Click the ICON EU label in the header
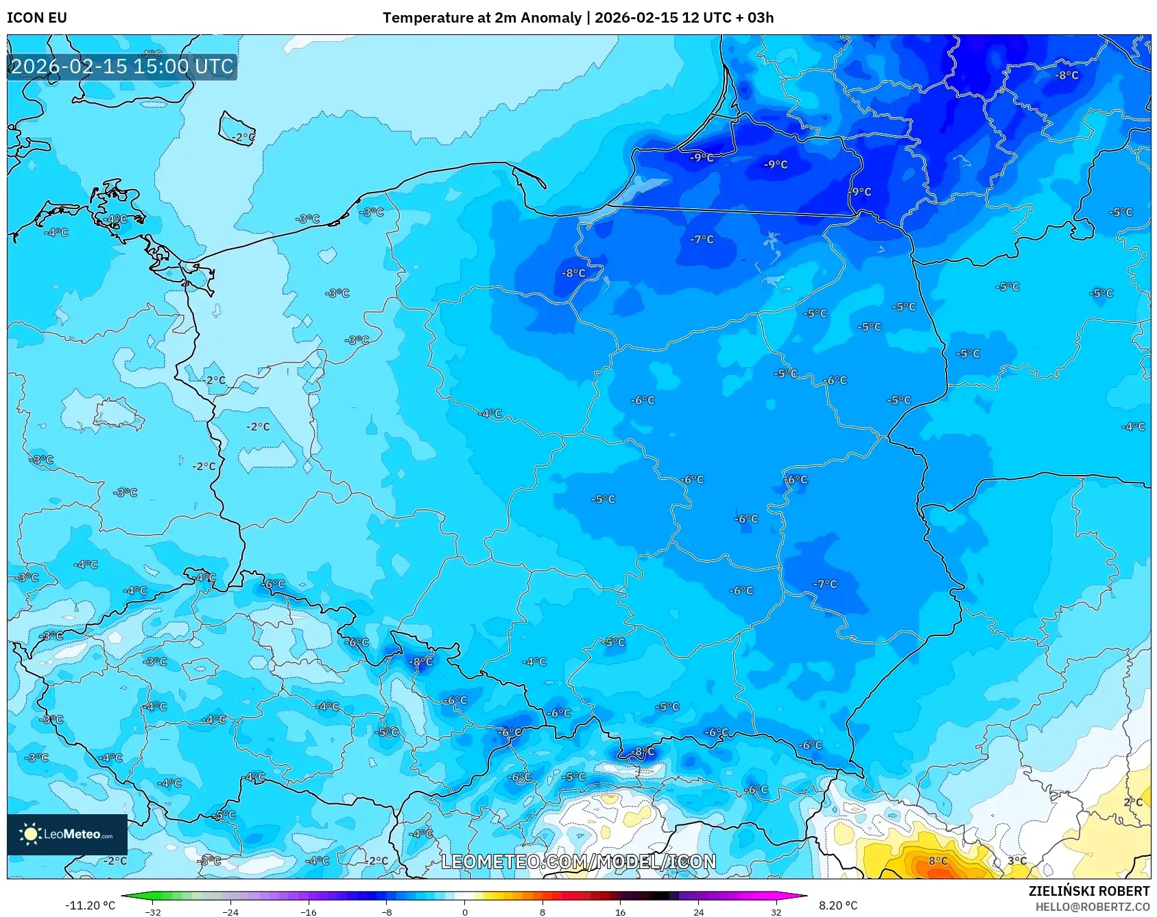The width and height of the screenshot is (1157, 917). click(37, 18)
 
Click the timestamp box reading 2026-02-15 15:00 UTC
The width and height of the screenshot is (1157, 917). click(122, 66)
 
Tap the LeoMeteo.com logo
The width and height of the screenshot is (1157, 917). click(67, 834)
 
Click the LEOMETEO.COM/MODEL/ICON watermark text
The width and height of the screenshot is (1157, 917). click(578, 861)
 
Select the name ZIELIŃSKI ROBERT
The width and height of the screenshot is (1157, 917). click(1088, 891)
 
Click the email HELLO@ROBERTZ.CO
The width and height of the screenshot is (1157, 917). click(1092, 907)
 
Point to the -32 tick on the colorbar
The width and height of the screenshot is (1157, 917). click(153, 912)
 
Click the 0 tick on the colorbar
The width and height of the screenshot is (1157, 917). click(464, 912)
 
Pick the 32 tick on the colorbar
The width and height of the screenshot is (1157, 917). click(776, 912)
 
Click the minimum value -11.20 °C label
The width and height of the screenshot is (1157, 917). click(90, 905)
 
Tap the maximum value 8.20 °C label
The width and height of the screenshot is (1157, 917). click(838, 905)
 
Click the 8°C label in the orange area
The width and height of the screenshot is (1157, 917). click(938, 861)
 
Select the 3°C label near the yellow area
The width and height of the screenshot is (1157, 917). click(1017, 861)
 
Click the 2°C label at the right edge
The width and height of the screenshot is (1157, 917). click(1133, 802)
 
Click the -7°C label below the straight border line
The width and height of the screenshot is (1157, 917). click(702, 239)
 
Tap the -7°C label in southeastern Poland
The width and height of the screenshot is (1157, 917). click(825, 584)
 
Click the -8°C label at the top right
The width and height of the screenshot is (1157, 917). click(1066, 75)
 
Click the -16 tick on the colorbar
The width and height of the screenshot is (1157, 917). click(309, 912)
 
